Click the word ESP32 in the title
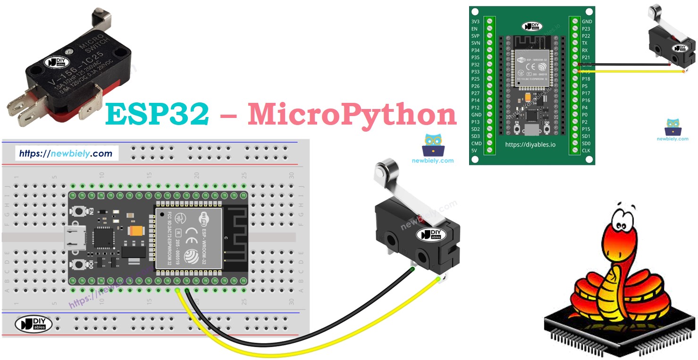pos(157,114)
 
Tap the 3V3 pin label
pos(476,22)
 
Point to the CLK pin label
pos(586,151)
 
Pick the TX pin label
pos(585,43)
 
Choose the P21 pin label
pos(586,57)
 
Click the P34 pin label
pos(476,50)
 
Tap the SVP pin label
pos(476,36)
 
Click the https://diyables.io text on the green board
pos(530,144)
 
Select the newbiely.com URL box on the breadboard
pos(66,153)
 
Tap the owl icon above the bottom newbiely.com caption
pos(433,145)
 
